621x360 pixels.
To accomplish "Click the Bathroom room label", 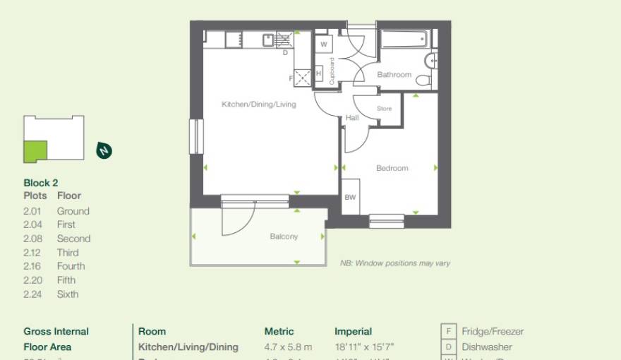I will click(x=394, y=75).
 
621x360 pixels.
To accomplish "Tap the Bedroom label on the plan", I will click(x=392, y=168).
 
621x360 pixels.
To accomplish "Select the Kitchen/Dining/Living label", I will click(x=259, y=104).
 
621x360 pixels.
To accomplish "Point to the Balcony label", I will click(x=284, y=236).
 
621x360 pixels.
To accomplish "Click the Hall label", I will click(x=352, y=118).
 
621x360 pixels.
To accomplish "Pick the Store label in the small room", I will click(x=384, y=109).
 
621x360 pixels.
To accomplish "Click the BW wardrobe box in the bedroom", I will click(x=351, y=198).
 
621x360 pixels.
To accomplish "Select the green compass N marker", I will click(x=104, y=150).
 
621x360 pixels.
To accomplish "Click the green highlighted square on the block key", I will click(x=35, y=152).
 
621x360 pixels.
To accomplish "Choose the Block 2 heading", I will click(x=41, y=183).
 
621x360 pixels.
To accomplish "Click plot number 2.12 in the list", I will click(x=32, y=253).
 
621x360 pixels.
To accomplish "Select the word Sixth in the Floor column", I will click(x=68, y=294).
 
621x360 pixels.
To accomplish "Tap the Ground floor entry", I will click(x=73, y=211).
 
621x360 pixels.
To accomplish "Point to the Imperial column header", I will click(x=353, y=331).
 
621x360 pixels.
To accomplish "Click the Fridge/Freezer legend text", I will click(x=493, y=332).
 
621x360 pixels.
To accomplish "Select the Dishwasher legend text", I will click(x=487, y=347).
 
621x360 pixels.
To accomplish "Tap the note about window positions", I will click(x=394, y=263).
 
